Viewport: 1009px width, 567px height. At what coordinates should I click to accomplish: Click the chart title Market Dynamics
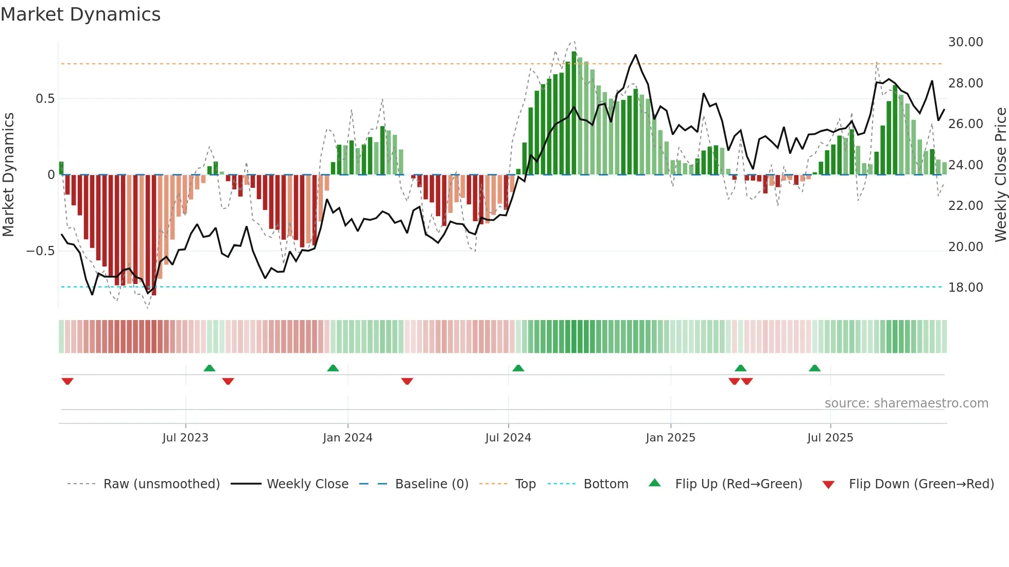80,14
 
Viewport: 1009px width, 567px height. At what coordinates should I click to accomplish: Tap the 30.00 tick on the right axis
965,42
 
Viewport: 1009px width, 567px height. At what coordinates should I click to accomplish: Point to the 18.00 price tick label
965,287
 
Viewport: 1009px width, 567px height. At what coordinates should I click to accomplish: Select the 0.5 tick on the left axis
45,98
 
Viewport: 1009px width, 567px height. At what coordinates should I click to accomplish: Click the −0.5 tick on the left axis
41,251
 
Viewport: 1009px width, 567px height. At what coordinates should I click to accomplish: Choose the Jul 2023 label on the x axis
185,437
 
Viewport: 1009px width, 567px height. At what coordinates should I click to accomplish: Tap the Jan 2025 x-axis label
670,437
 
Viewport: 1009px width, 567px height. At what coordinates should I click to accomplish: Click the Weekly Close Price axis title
1000,174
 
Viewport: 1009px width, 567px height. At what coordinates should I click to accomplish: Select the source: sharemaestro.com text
906,403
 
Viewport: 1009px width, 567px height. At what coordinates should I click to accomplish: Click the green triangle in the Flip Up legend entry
654,483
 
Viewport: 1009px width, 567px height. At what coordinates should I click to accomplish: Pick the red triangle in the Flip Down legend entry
828,485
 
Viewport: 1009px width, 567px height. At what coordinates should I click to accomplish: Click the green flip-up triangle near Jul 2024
518,368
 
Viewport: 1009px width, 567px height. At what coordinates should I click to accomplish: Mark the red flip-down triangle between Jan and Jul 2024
407,381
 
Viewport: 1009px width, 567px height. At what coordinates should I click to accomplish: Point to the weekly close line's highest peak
636,55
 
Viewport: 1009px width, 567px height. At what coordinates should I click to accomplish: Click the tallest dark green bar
574,113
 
